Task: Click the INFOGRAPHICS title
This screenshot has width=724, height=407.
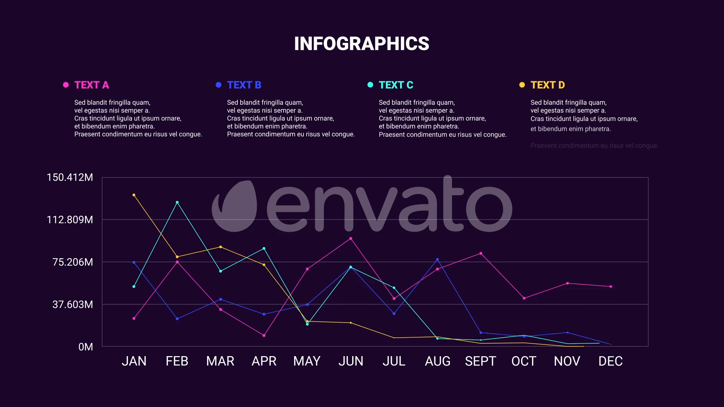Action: [361, 44]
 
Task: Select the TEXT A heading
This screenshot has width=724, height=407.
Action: [92, 85]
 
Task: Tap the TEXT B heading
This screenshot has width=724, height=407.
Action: [244, 85]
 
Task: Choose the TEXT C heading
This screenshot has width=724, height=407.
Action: [396, 85]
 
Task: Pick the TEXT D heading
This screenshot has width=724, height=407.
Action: [548, 85]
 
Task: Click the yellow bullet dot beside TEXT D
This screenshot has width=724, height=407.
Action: [522, 85]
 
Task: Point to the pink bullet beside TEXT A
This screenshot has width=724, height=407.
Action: [66, 85]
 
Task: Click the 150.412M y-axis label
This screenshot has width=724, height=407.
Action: [70, 177]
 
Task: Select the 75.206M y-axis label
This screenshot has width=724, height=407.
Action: [73, 262]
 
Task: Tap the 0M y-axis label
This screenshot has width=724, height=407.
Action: [86, 347]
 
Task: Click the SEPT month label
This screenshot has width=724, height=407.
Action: [480, 361]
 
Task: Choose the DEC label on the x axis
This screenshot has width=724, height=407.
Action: [610, 361]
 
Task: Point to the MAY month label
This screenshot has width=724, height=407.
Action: [307, 361]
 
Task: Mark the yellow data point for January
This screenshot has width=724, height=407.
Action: [134, 195]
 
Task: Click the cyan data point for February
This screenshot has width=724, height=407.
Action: [177, 202]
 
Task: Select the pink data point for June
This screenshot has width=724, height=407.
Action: [351, 239]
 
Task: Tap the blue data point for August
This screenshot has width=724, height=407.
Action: [437, 260]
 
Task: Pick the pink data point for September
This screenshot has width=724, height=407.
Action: [481, 254]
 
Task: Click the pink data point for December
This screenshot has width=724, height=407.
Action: [611, 286]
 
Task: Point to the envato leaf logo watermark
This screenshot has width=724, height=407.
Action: [235, 206]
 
